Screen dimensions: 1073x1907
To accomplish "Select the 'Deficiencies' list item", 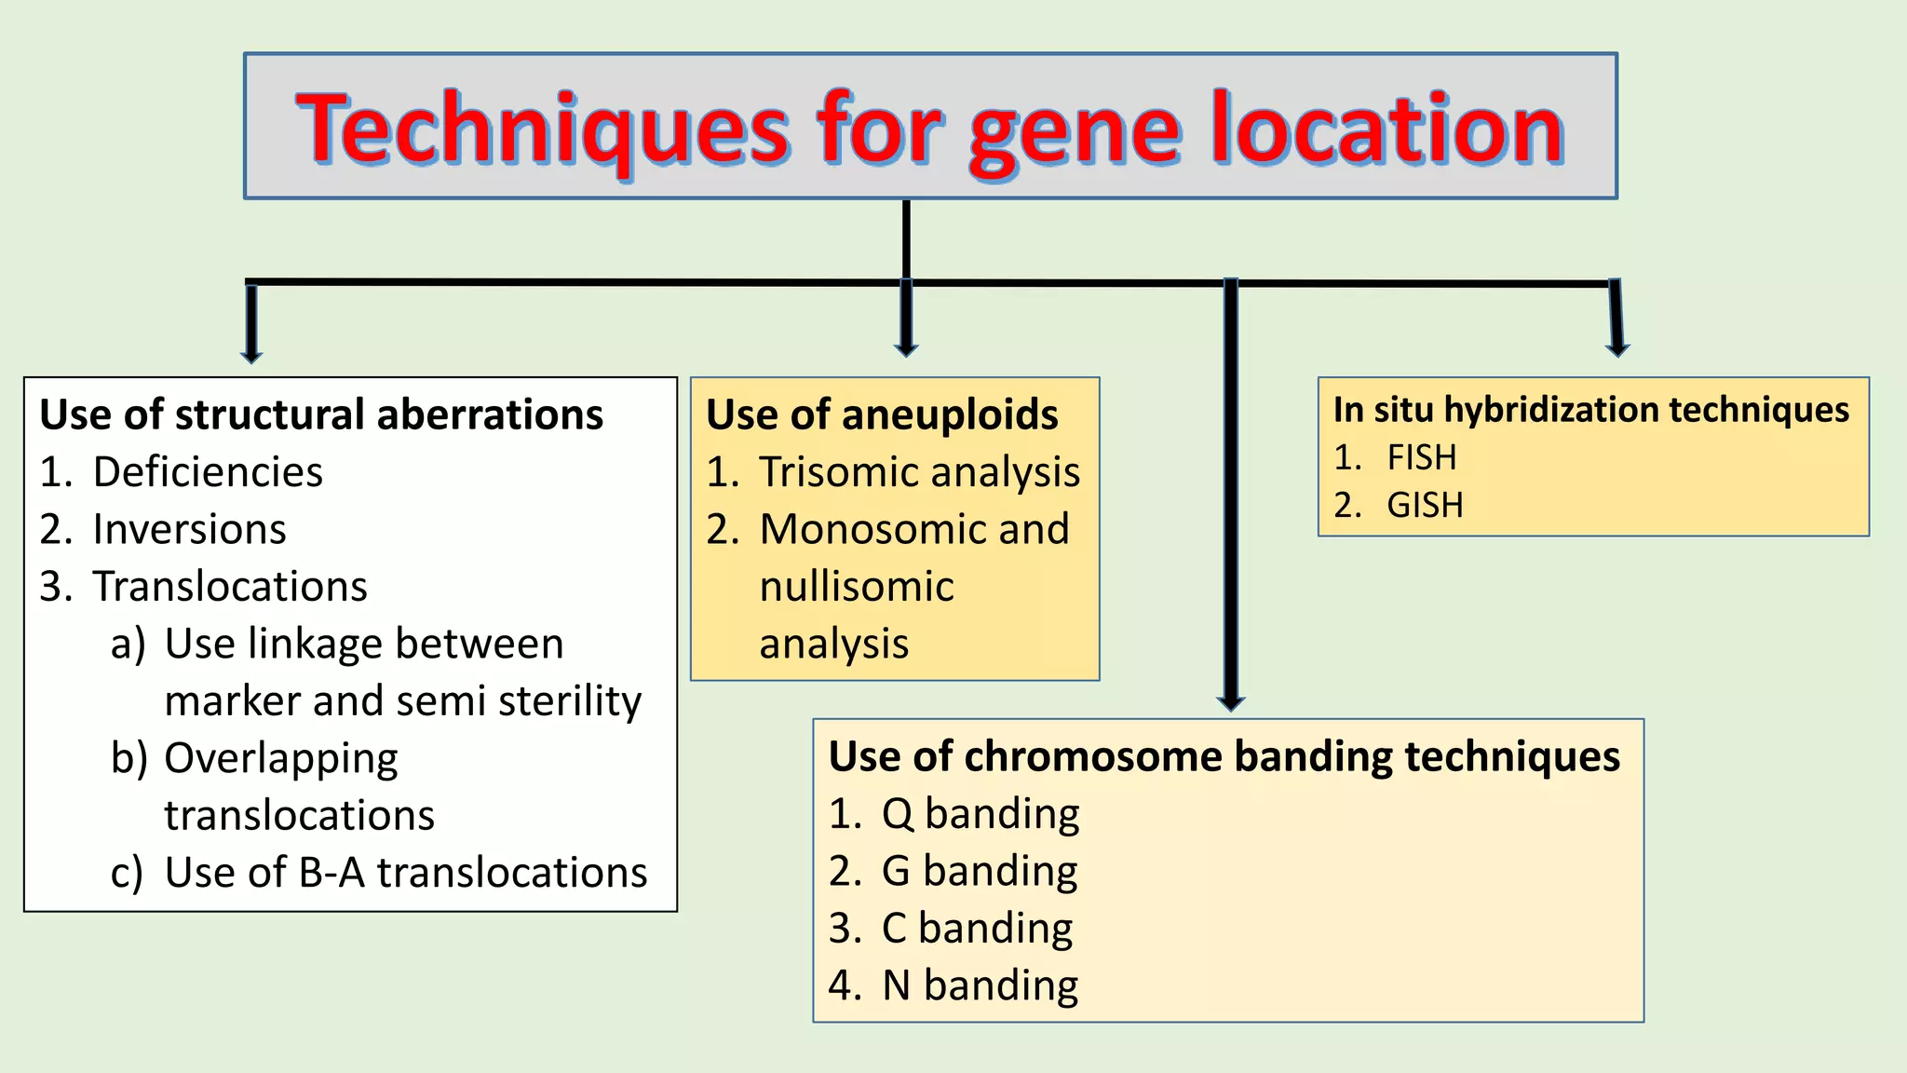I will point(207,472).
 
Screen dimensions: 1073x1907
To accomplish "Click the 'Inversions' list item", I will point(189,529).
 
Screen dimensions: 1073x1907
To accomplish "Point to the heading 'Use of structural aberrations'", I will point(321,414).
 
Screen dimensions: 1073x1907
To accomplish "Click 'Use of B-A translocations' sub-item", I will point(405,873).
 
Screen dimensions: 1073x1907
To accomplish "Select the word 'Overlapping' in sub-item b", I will point(281,758).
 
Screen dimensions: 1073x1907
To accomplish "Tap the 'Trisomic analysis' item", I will point(919,472).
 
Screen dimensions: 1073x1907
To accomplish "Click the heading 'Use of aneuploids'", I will point(882,414).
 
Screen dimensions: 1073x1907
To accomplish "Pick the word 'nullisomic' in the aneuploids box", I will point(857,587).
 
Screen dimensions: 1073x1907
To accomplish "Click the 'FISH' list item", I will point(1421,457).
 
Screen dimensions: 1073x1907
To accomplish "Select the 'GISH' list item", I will point(1425,505).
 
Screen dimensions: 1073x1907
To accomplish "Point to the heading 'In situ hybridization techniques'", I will point(1590,410).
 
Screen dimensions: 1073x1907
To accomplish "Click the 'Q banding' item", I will point(980,813).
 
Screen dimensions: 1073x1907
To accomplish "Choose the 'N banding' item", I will point(980,985).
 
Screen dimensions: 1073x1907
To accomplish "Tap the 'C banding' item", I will point(977,929).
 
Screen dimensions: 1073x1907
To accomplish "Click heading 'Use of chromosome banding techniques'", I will point(1224,756).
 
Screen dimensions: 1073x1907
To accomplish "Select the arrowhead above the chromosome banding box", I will point(1231,703).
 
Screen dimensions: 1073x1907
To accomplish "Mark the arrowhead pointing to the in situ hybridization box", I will point(1618,349).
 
